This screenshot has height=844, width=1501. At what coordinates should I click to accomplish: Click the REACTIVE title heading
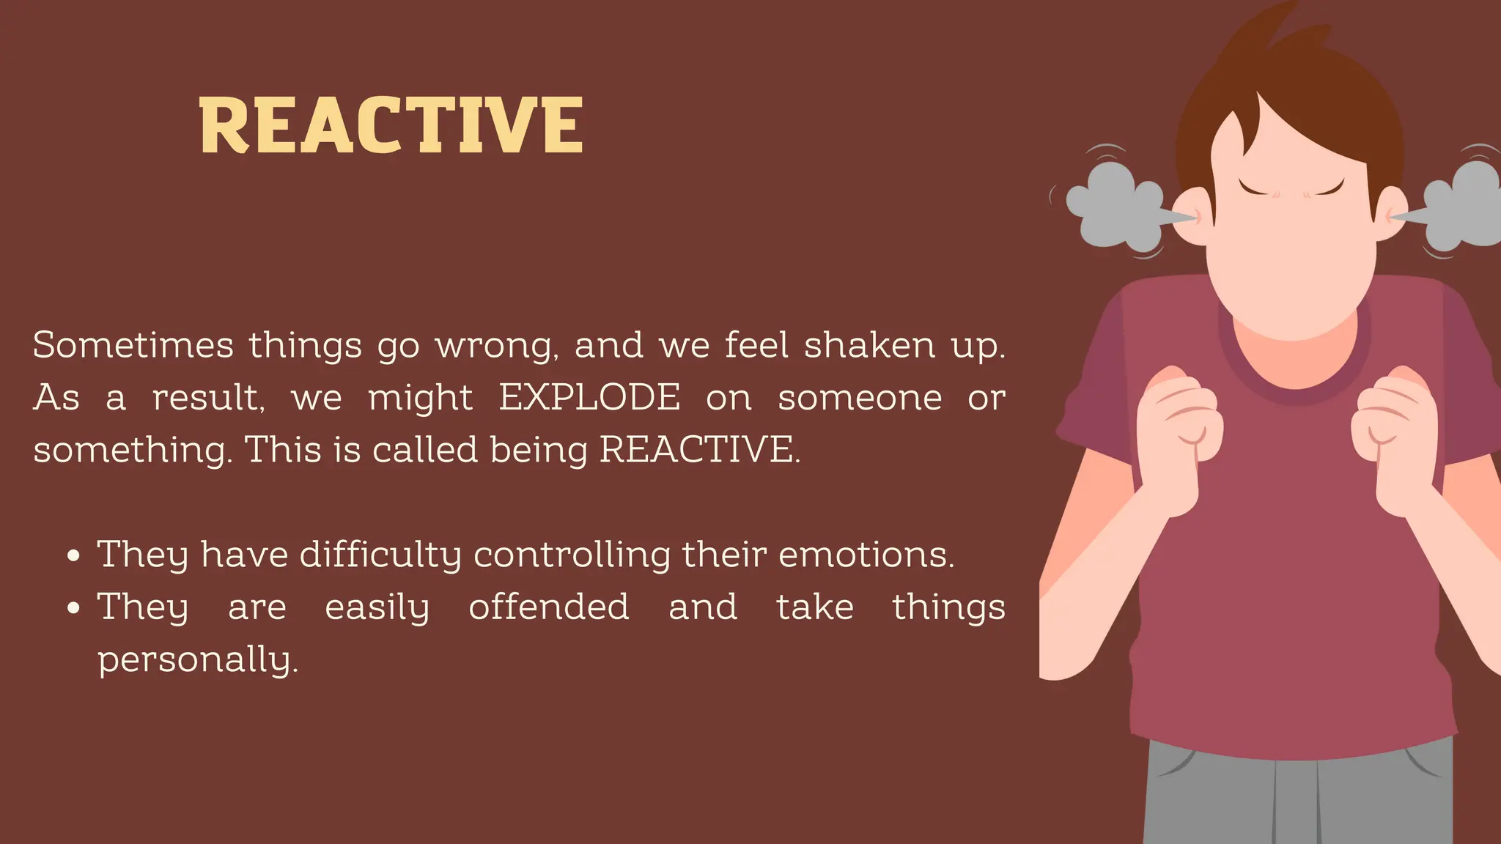pos(391,125)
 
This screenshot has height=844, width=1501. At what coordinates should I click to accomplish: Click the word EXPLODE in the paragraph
pos(589,398)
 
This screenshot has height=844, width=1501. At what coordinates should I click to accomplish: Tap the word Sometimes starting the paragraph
pos(133,345)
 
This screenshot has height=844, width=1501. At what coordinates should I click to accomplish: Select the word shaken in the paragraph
pos(869,345)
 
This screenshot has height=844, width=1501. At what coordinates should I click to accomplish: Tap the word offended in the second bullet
pos(549,607)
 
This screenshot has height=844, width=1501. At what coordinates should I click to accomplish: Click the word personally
pos(198,660)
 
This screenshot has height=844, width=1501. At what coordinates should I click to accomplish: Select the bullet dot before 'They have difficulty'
pos(73,556)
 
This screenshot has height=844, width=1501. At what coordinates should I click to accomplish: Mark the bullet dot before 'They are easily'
pos(73,608)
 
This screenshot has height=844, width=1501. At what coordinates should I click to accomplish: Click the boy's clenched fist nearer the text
pos(1178,425)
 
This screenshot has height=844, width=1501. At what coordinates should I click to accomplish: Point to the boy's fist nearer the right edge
pos(1393,425)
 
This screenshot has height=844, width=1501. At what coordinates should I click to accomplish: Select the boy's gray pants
pos(1297,799)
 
